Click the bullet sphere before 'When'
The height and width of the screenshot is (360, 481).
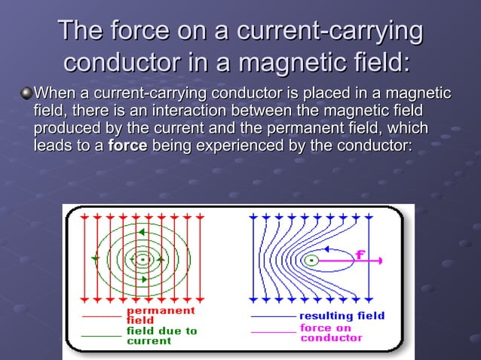click(26, 94)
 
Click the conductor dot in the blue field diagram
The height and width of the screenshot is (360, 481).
click(311, 261)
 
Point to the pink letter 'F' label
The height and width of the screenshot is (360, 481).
click(361, 254)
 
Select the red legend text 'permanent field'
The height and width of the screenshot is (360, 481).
click(159, 315)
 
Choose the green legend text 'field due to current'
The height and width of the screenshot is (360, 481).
click(161, 335)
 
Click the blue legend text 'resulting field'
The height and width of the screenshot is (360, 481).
click(342, 316)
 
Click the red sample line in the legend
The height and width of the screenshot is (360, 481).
click(100, 316)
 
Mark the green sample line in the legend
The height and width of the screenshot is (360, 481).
click(100, 334)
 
